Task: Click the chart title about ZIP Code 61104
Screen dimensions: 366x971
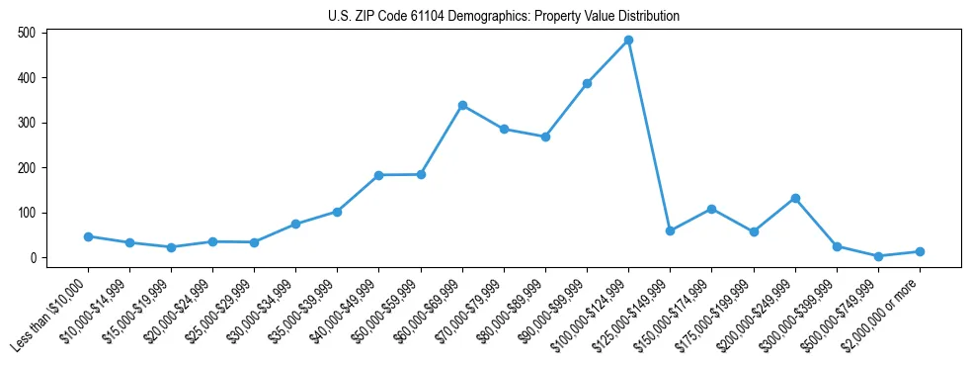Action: pos(504,16)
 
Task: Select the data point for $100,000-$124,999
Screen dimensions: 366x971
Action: pos(628,41)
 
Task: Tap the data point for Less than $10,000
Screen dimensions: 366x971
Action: pos(88,236)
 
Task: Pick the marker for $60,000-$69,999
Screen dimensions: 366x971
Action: pos(462,106)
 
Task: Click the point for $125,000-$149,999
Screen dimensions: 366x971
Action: pos(670,230)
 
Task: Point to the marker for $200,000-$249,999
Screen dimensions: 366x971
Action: pos(795,198)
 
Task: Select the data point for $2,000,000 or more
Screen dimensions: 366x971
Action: pos(920,251)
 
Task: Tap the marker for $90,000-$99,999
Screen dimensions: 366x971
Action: pos(587,83)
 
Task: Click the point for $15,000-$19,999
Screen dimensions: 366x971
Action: pos(171,247)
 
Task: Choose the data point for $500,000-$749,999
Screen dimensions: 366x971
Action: pos(878,256)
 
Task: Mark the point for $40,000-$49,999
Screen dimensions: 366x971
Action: pos(378,175)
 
